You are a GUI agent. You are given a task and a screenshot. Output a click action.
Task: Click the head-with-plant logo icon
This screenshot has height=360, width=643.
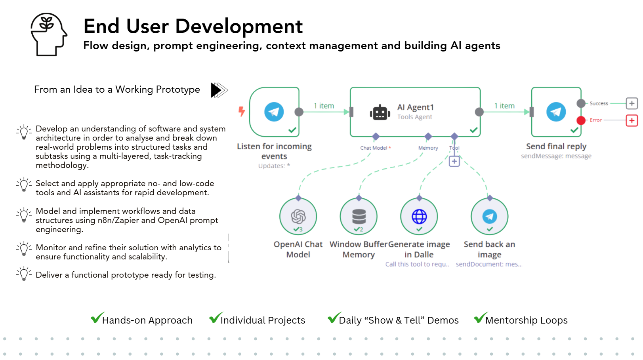(49, 34)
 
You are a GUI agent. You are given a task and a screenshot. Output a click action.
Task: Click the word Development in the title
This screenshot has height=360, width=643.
(239, 27)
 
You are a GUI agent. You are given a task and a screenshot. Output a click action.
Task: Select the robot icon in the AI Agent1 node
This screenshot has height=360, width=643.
(380, 112)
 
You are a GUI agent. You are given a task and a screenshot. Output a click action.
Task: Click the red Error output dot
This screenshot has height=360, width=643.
(581, 120)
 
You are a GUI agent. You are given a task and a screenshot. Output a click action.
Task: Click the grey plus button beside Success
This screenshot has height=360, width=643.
(632, 103)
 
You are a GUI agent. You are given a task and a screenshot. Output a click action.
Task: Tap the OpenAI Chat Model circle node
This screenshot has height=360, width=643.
(298, 216)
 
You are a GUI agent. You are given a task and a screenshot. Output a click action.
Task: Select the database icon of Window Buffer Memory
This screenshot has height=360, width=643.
(359, 216)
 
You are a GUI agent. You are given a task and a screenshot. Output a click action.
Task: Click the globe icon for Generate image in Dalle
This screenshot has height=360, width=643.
(419, 216)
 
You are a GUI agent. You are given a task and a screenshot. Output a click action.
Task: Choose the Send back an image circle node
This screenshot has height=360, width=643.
(489, 216)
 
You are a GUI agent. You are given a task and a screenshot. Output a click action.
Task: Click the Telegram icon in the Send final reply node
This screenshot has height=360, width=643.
(556, 112)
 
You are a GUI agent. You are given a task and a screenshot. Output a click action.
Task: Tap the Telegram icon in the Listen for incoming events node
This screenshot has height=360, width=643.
(274, 112)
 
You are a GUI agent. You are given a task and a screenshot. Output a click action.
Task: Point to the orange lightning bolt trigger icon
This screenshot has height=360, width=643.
(242, 111)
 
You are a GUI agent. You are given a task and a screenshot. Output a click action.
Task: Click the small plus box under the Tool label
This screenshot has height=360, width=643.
(454, 161)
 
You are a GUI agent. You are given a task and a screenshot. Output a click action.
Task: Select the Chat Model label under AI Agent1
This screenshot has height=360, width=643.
(374, 148)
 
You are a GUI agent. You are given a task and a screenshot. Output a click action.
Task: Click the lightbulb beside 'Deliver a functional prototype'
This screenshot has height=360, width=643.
(24, 274)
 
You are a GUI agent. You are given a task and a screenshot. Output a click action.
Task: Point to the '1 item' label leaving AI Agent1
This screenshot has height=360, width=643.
(504, 106)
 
